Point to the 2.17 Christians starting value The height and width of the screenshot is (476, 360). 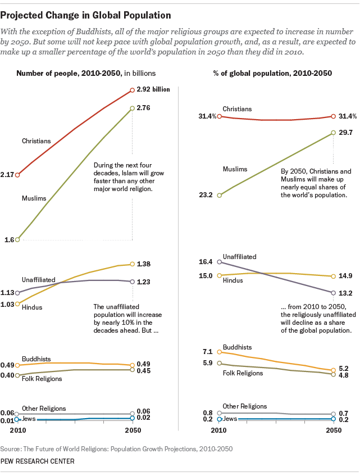coord(8,175)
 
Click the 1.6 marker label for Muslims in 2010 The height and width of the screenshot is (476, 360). coord(10,239)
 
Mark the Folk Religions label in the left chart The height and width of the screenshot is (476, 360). coord(42,378)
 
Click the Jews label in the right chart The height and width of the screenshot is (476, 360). coord(230,419)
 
